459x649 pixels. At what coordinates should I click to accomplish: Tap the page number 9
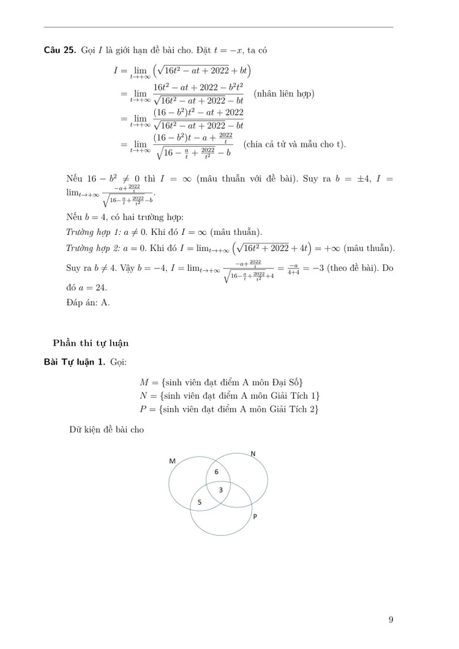[x=390, y=620]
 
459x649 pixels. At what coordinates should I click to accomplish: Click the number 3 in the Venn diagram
[x=221, y=490]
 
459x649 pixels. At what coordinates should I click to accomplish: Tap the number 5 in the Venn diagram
[x=198, y=502]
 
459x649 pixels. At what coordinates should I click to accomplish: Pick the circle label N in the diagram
[x=252, y=453]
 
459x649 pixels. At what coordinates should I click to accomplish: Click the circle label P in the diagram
[x=255, y=517]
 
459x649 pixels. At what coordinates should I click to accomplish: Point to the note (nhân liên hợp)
[x=283, y=94]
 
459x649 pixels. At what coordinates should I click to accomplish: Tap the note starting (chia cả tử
[x=294, y=144]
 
